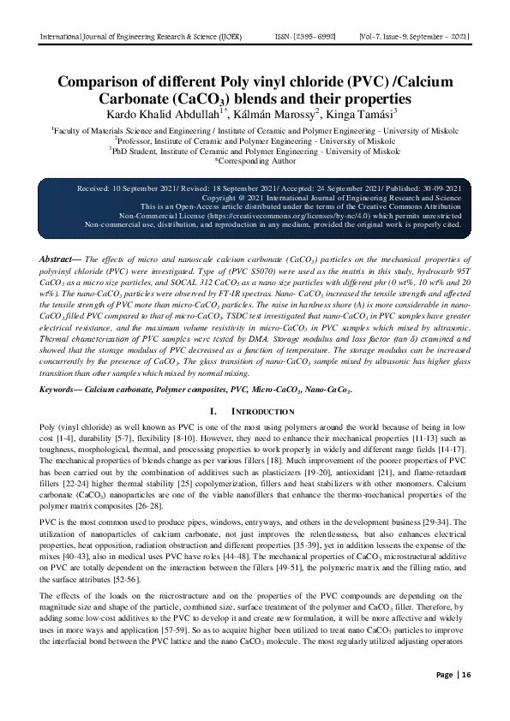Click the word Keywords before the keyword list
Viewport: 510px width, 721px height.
pos(66,390)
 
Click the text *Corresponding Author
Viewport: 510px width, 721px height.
pos(255,159)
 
